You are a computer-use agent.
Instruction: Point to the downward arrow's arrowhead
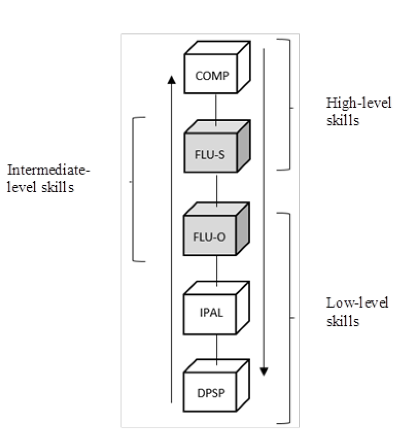pyautogui.click(x=263, y=371)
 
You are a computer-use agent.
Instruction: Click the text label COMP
pyautogui.click(x=210, y=76)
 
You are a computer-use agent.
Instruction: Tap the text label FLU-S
pyautogui.click(x=210, y=156)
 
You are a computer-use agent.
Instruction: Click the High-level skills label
pyautogui.click(x=358, y=111)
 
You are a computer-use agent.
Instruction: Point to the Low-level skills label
pyautogui.click(x=357, y=311)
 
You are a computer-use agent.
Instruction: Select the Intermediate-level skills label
pyautogui.click(x=48, y=178)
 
